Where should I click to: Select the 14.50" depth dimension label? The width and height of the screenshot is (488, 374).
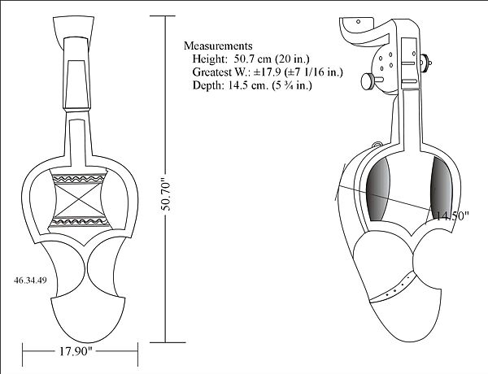[452, 216]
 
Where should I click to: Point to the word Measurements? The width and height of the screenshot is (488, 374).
[218, 46]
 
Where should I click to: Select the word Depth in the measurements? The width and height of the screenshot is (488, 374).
[207, 85]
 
